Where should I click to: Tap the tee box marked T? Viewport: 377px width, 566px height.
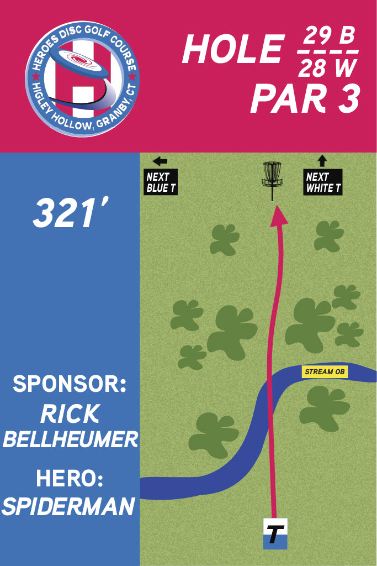275,534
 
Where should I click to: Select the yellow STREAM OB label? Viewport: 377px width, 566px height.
325,371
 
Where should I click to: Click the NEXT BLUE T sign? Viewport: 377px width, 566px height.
161,182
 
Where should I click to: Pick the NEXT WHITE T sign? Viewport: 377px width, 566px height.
323,182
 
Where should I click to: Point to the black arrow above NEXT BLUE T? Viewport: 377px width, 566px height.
160,161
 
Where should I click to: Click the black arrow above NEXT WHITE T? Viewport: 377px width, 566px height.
322,161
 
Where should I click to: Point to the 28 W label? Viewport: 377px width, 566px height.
328,69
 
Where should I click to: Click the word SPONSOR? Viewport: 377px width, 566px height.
70,384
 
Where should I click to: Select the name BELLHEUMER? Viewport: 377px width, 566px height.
70,440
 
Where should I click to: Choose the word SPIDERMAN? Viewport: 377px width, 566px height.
69,505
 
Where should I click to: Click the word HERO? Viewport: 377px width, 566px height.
70,478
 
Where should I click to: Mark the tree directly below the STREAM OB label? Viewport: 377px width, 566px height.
323,402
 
